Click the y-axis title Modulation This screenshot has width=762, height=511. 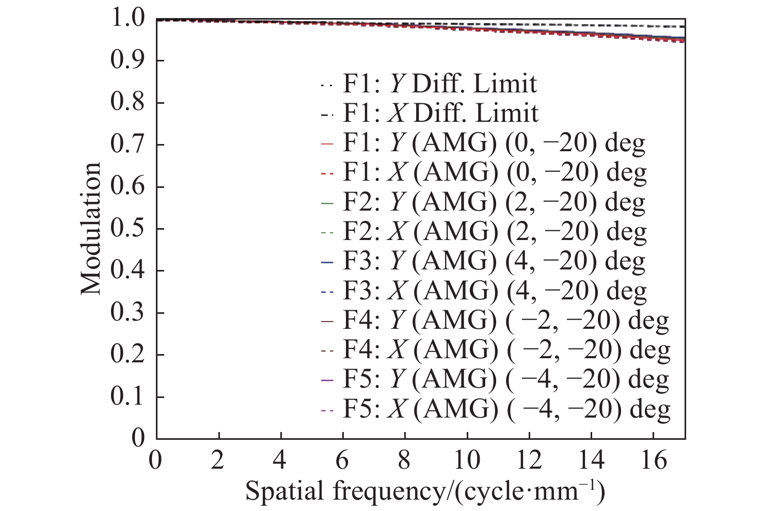tap(91, 228)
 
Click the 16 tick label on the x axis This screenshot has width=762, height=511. tap(653, 460)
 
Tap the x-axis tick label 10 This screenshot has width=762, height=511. tap(467, 460)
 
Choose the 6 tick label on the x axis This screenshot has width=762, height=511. tap(342, 460)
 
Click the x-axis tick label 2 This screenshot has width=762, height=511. tap(218, 460)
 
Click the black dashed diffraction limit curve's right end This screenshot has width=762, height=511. tap(682, 26)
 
